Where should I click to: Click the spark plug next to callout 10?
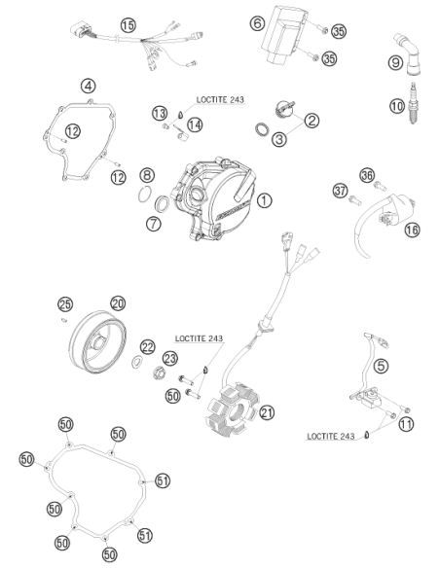(413, 103)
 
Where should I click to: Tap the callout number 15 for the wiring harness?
(128, 25)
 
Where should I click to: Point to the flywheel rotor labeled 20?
(98, 343)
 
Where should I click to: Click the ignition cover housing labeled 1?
(216, 198)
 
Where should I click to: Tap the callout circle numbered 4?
(88, 87)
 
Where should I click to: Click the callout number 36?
(367, 176)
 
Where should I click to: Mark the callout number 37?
(341, 191)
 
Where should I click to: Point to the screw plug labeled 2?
(284, 109)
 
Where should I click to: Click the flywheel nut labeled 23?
(159, 373)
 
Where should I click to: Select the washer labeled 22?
(137, 362)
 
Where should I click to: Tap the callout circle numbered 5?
(381, 366)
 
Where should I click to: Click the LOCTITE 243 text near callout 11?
(331, 436)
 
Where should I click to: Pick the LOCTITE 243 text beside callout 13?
(220, 99)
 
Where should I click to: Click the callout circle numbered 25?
(65, 304)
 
